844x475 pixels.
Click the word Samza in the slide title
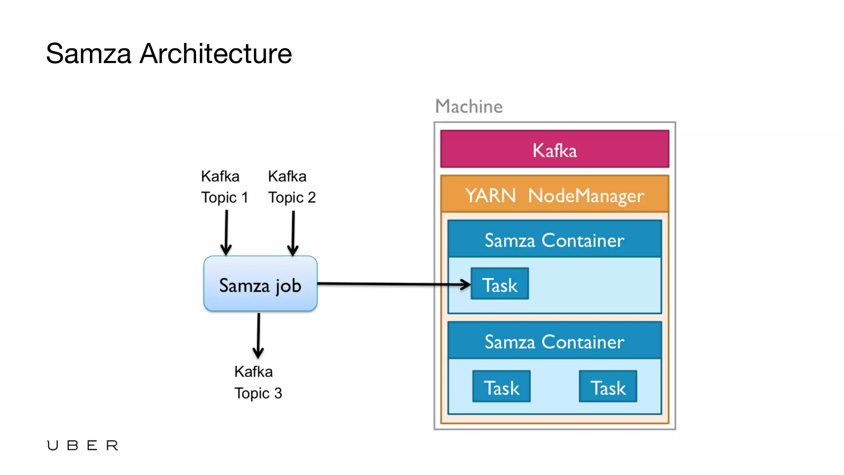pyautogui.click(x=89, y=54)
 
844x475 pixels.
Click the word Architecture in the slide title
pyautogui.click(x=216, y=54)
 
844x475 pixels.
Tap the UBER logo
pyautogui.click(x=82, y=445)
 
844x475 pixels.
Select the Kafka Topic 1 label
pyautogui.click(x=224, y=187)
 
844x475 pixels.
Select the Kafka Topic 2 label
pyautogui.click(x=291, y=187)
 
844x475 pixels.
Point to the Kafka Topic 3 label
pyautogui.click(x=258, y=382)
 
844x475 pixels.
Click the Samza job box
pyautogui.click(x=260, y=284)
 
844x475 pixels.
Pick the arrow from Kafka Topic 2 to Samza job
pyautogui.click(x=293, y=233)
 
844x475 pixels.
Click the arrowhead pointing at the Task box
pyautogui.click(x=466, y=284)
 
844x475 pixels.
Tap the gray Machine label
pyautogui.click(x=469, y=106)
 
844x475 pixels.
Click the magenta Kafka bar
pyautogui.click(x=554, y=149)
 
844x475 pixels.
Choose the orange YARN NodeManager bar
pyautogui.click(x=554, y=195)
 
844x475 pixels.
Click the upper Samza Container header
pyautogui.click(x=554, y=240)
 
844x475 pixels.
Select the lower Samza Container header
pyautogui.click(x=554, y=341)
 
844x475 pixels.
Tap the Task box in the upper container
pyautogui.click(x=499, y=284)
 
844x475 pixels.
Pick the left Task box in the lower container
pyautogui.click(x=501, y=387)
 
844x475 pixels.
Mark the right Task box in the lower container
pyautogui.click(x=608, y=387)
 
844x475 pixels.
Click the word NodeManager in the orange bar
pyautogui.click(x=586, y=195)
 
